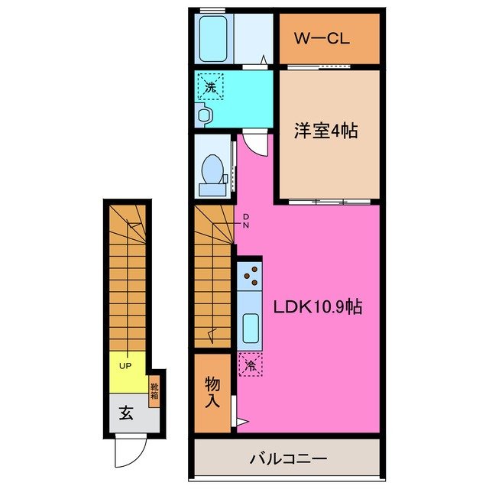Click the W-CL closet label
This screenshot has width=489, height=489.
pos(329,37)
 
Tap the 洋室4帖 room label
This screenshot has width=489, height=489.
pos(326,131)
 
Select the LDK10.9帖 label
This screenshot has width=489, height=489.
pos(318,307)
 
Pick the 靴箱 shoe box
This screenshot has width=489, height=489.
pos(154,393)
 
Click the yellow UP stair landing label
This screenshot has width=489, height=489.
pos(125,366)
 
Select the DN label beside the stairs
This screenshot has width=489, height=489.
pos(246,221)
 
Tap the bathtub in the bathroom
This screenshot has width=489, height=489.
pos(215,38)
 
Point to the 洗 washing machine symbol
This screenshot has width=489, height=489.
pos(210,86)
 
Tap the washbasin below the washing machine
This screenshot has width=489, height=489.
pos(203,115)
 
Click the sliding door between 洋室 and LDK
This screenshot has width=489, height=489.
pos(329,201)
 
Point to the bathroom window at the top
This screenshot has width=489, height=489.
pos(212,9)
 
